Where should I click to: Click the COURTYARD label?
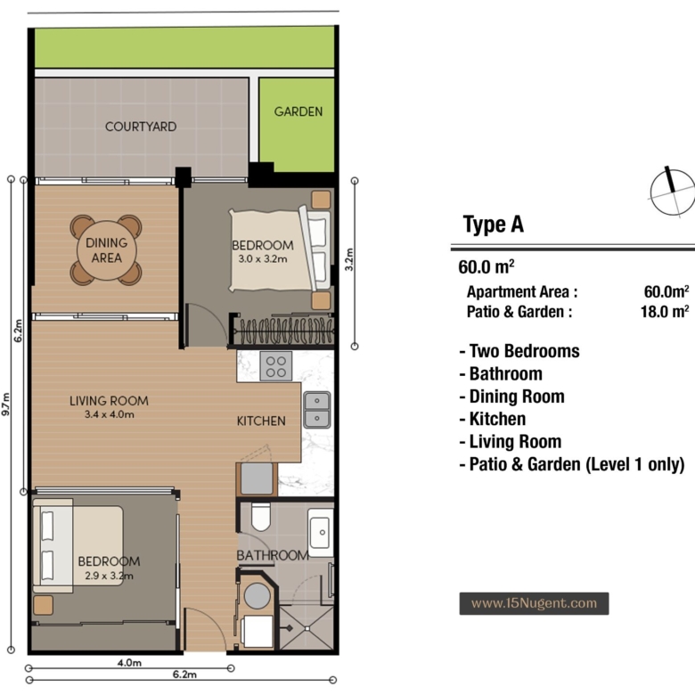point(141,127)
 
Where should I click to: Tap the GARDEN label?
point(298,111)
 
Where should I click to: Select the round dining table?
point(106,250)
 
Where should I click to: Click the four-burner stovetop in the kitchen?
point(276,366)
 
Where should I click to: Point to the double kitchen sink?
point(317,410)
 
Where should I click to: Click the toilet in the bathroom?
point(260,517)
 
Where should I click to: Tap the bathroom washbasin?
point(321,532)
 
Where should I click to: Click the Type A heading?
point(494,225)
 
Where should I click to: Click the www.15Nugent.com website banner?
point(534,603)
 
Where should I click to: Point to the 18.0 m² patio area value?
point(665,312)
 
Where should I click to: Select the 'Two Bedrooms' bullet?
point(519,351)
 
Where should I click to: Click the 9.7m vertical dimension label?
point(6,405)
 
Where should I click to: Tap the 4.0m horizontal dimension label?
point(129,663)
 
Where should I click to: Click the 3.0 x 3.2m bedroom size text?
point(263,259)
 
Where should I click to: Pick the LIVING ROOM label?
point(109,401)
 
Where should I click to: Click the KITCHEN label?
point(261,421)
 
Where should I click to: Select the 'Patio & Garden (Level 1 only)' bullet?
point(572,464)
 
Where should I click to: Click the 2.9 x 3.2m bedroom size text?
point(109,576)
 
